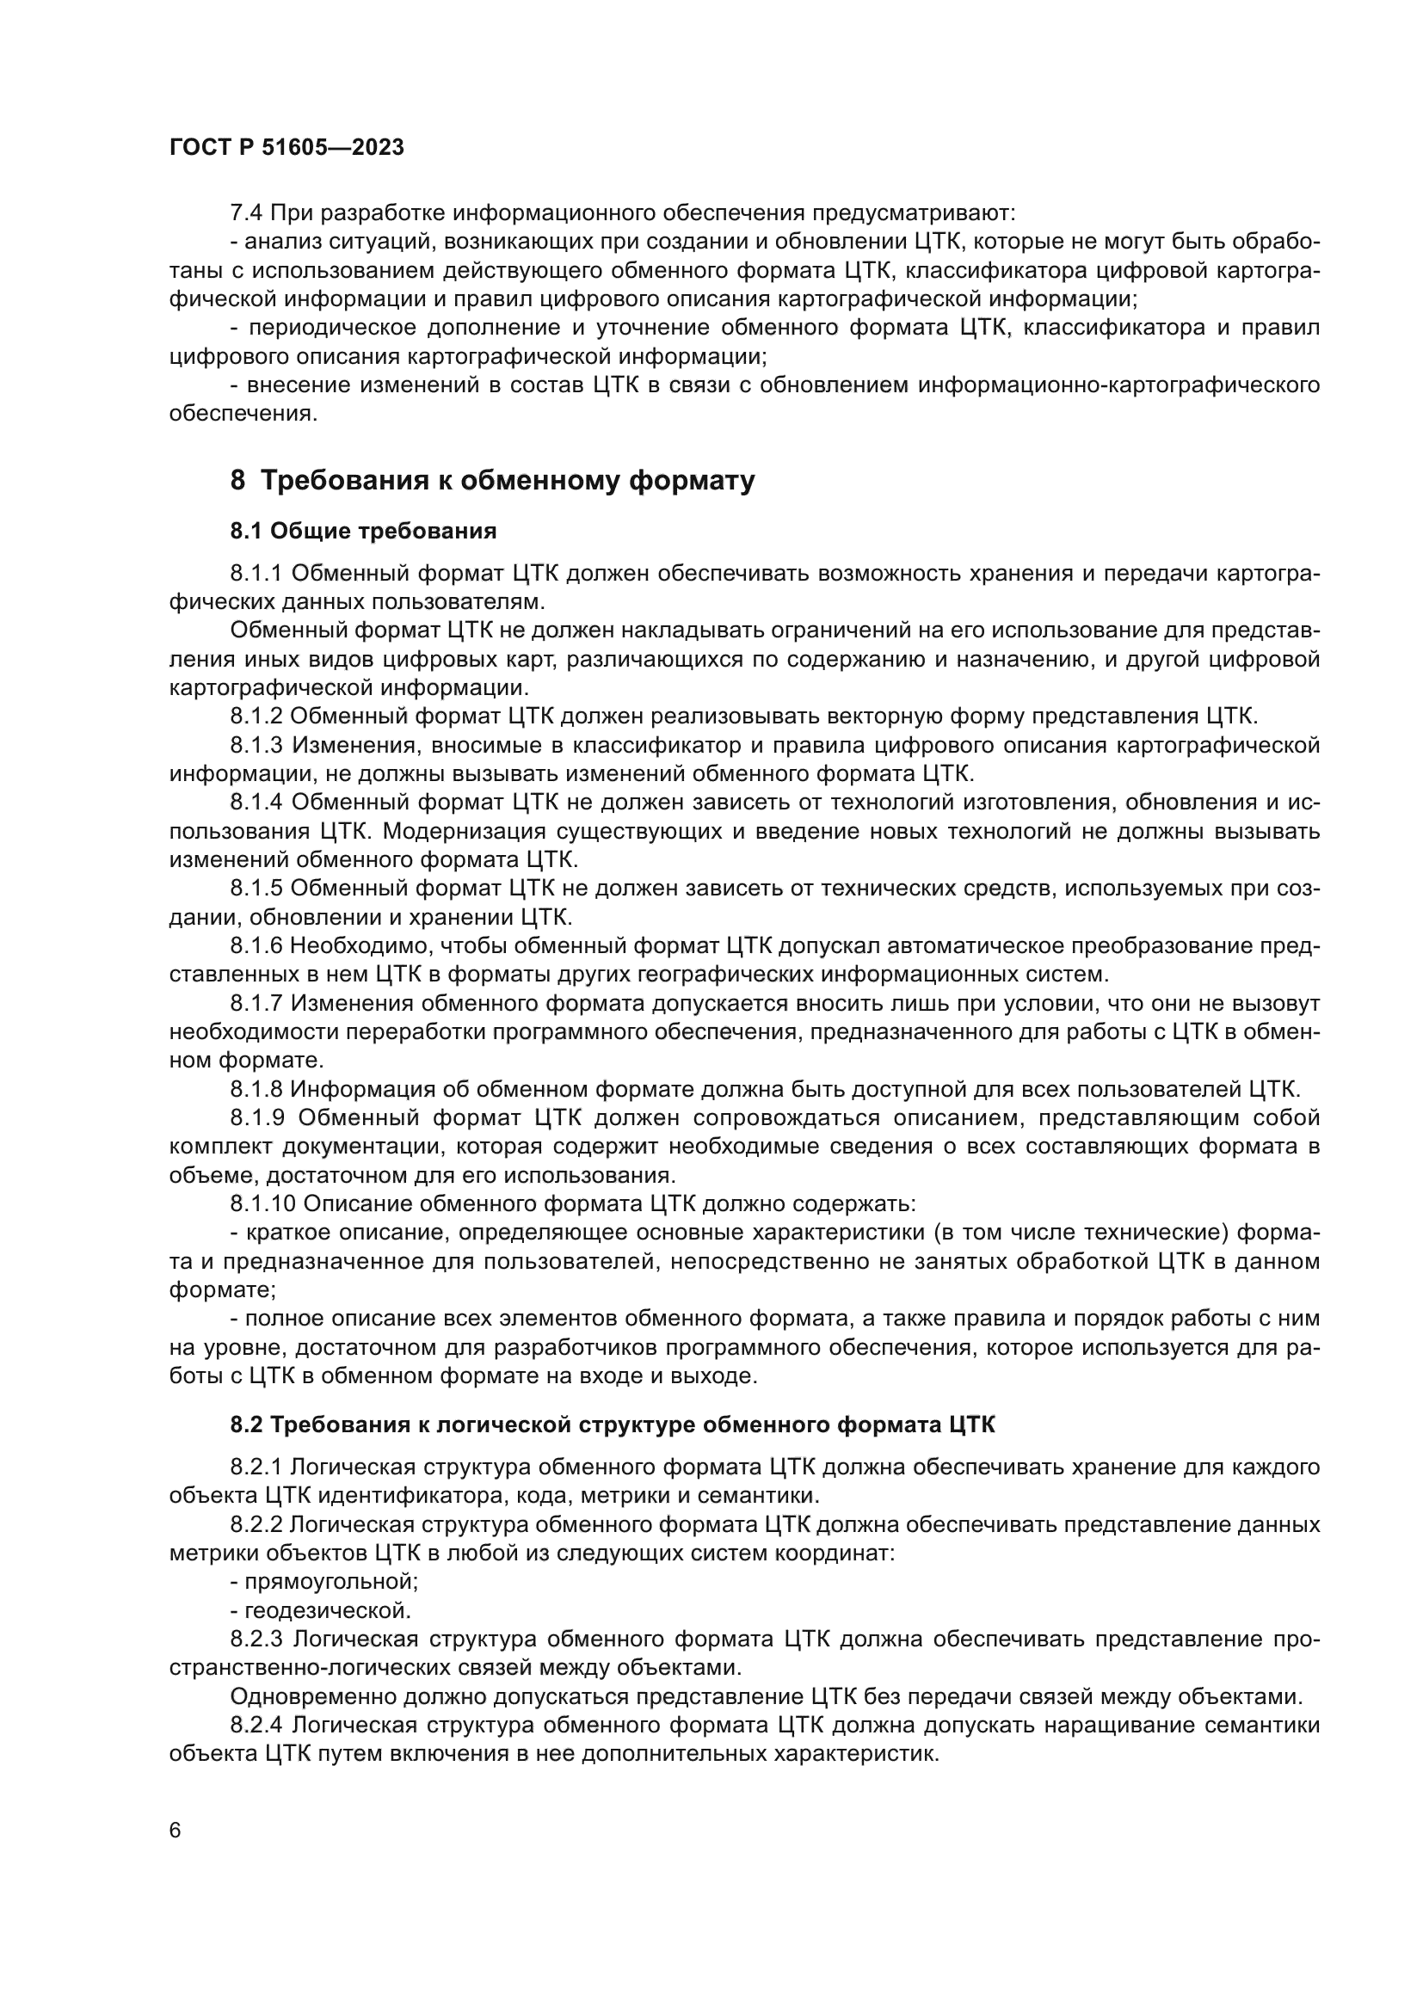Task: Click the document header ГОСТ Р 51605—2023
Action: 286,147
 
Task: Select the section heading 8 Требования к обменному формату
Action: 492,481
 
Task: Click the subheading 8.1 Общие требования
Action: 364,531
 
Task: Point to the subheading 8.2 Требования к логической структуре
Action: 613,1424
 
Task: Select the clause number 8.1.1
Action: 256,574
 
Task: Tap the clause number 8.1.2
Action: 256,717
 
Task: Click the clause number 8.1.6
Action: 256,946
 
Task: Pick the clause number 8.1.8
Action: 256,1089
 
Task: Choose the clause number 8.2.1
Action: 256,1467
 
